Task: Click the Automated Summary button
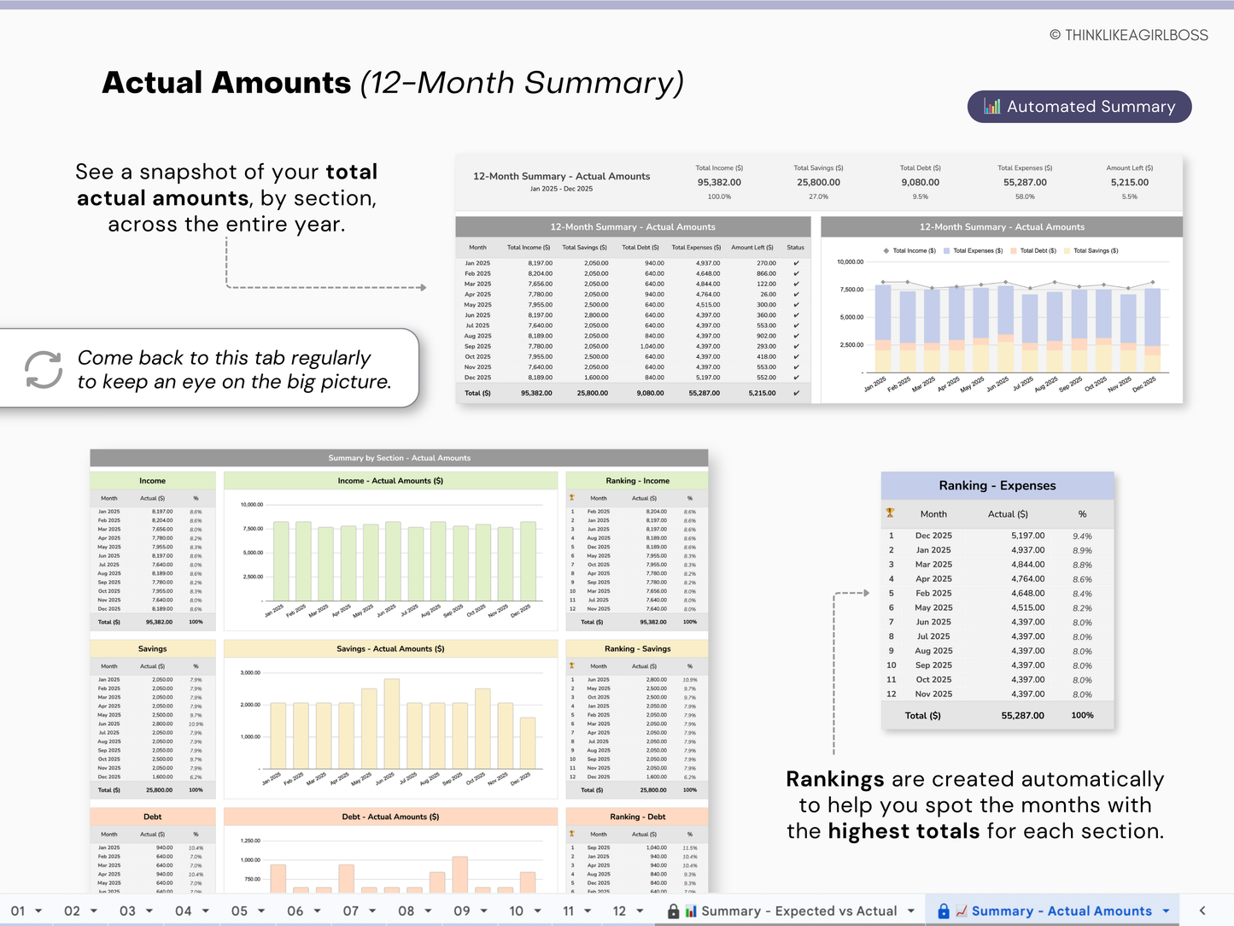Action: [1079, 107]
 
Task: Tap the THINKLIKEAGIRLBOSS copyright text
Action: [1128, 35]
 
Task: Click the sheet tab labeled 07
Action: [351, 911]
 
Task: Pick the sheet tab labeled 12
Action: [619, 911]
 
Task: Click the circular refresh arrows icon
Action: [44, 369]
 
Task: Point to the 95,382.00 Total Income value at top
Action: [719, 182]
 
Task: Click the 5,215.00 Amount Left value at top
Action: [1129, 182]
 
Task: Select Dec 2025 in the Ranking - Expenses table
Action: [933, 536]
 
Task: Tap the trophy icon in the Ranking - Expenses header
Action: [890, 513]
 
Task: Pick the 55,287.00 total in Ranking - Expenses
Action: [1022, 716]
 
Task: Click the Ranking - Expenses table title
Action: [997, 485]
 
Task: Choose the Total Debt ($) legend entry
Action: [1038, 251]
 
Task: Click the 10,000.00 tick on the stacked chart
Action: [850, 262]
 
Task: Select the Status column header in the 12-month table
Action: [795, 248]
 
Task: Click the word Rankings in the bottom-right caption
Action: [834, 779]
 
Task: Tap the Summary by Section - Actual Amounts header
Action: [399, 458]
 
